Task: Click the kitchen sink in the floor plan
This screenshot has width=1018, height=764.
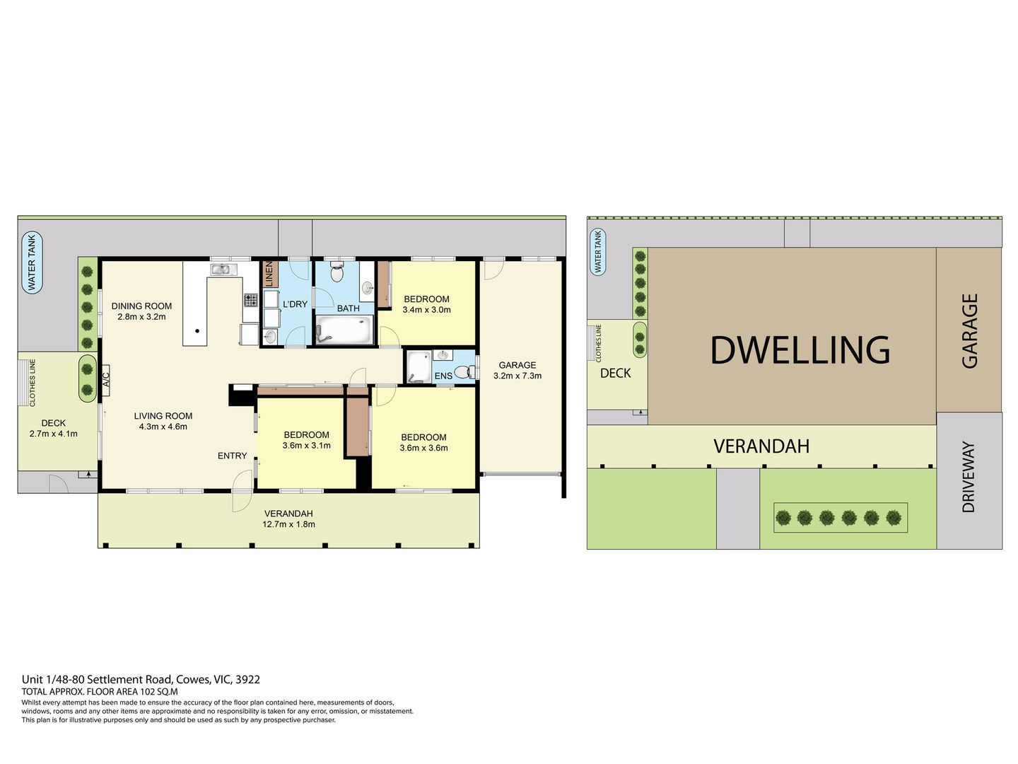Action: tap(224, 269)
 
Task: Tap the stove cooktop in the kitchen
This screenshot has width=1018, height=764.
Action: tap(251, 300)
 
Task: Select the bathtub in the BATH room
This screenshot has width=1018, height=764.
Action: tap(344, 330)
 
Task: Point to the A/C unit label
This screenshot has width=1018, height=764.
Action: tap(106, 380)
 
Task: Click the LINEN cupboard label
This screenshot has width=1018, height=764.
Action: tap(269, 274)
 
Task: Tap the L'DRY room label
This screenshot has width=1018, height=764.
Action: tap(295, 304)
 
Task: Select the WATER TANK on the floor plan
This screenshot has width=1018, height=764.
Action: tap(32, 262)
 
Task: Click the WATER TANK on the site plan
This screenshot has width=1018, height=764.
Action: tap(598, 253)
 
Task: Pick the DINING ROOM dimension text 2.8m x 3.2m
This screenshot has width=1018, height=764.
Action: tap(141, 317)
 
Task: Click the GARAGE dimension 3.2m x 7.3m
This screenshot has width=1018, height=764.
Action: tap(517, 376)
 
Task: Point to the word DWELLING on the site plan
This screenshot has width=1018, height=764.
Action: tap(800, 350)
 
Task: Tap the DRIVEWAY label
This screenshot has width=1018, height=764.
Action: tap(969, 477)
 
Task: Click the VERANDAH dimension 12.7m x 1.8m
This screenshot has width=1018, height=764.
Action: tap(288, 524)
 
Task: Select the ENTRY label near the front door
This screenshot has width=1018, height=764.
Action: tap(232, 456)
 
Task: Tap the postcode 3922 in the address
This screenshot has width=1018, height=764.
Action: tap(247, 680)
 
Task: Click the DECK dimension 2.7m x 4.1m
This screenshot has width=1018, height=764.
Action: tap(53, 434)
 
